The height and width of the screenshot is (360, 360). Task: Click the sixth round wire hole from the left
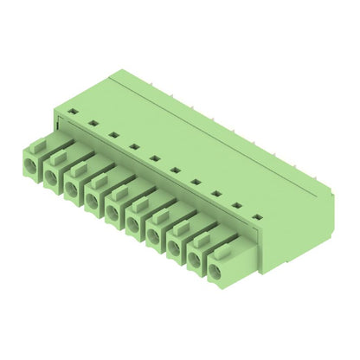click(134, 227)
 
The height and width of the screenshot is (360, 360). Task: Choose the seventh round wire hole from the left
click(155, 239)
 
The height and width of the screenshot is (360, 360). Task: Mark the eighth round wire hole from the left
click(175, 252)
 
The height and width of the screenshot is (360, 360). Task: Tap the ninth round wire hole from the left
click(195, 264)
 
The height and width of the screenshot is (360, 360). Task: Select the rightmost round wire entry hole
click(215, 276)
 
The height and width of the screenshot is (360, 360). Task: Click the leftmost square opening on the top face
click(74, 111)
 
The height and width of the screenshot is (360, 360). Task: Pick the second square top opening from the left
click(93, 123)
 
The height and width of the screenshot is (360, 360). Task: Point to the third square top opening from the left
click(113, 135)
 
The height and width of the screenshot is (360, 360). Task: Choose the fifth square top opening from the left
click(154, 158)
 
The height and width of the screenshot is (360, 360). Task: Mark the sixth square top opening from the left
click(174, 170)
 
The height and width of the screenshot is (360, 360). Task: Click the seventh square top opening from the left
click(195, 183)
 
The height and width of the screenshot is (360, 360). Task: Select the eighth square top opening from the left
click(215, 195)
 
